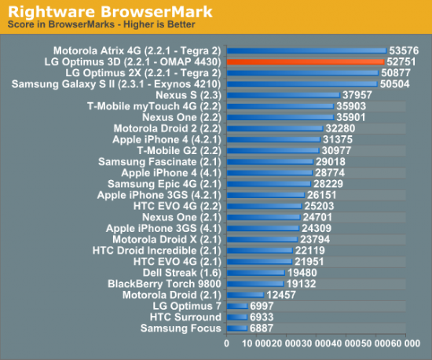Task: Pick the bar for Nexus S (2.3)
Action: pyautogui.click(x=283, y=94)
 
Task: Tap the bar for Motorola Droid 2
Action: pyautogui.click(x=274, y=127)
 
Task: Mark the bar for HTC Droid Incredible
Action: pyautogui.click(x=259, y=250)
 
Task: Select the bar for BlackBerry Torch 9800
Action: pyautogui.click(x=254, y=284)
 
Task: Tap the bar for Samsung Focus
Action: pyautogui.click(x=236, y=328)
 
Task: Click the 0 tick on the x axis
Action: pyautogui.click(x=226, y=343)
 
